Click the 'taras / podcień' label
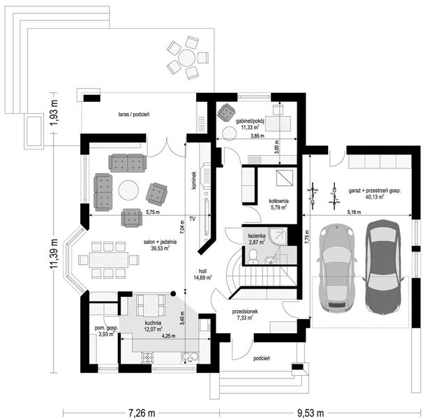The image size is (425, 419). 134,115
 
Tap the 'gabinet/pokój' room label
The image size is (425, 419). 250,121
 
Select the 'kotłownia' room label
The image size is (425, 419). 278,201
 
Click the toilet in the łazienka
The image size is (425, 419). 253,257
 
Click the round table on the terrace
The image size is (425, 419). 187,57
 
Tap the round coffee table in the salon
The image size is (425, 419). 128,191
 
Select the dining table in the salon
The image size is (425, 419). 109,260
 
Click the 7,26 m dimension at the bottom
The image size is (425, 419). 142,413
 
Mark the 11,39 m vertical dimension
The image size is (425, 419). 54,253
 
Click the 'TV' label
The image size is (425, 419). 192,219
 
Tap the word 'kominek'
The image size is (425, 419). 193,180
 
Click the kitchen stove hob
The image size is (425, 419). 147,358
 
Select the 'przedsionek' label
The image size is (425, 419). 245,311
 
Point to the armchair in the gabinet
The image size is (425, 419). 226,112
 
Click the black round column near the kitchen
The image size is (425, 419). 172,293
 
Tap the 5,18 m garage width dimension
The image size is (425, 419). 354,212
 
